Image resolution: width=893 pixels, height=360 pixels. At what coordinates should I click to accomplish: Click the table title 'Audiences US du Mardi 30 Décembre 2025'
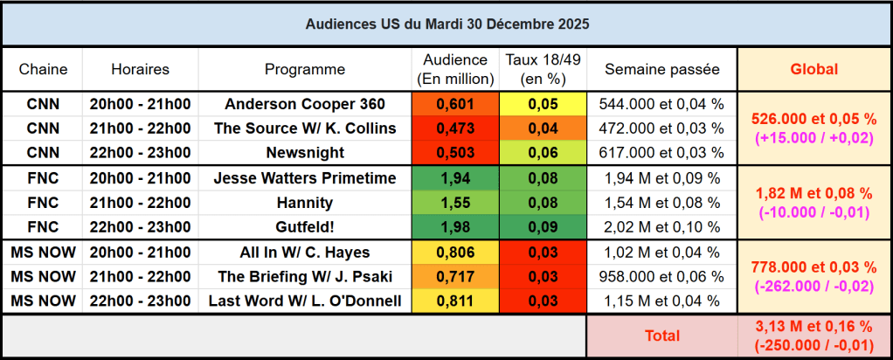[446, 24]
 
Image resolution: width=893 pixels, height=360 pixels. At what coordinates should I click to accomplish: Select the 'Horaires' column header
[140, 69]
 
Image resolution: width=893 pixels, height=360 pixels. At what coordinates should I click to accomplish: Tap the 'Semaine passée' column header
[661, 69]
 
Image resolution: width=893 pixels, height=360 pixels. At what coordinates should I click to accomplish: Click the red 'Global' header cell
[813, 69]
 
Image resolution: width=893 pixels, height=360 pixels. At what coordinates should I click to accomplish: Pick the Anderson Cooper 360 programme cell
[305, 104]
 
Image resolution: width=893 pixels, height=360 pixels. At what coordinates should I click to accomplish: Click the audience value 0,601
[454, 104]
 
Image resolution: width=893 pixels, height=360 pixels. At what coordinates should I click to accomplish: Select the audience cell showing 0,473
[454, 128]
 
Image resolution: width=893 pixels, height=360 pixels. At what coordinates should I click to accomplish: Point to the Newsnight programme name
[305, 153]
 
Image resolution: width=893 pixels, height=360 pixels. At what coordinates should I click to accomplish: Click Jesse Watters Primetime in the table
[305, 178]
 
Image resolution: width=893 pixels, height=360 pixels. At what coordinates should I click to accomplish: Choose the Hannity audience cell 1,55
[454, 203]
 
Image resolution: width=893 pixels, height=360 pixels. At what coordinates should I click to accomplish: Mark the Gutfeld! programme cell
[305, 227]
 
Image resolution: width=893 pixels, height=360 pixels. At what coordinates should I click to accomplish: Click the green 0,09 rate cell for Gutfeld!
[543, 227]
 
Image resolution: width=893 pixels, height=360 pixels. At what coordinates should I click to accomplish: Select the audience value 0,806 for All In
[454, 253]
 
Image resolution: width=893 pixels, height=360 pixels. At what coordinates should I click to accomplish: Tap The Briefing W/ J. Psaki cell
[305, 277]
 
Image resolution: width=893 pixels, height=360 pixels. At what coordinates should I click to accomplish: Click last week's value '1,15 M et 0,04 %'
[661, 301]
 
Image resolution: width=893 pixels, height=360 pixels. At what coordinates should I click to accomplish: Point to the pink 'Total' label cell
[661, 335]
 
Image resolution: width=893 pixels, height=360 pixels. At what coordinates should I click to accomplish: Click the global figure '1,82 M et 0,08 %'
[813, 193]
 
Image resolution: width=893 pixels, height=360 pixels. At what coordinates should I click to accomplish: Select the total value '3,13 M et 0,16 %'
[813, 326]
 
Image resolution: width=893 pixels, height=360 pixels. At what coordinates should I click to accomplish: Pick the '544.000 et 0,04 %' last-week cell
[661, 104]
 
